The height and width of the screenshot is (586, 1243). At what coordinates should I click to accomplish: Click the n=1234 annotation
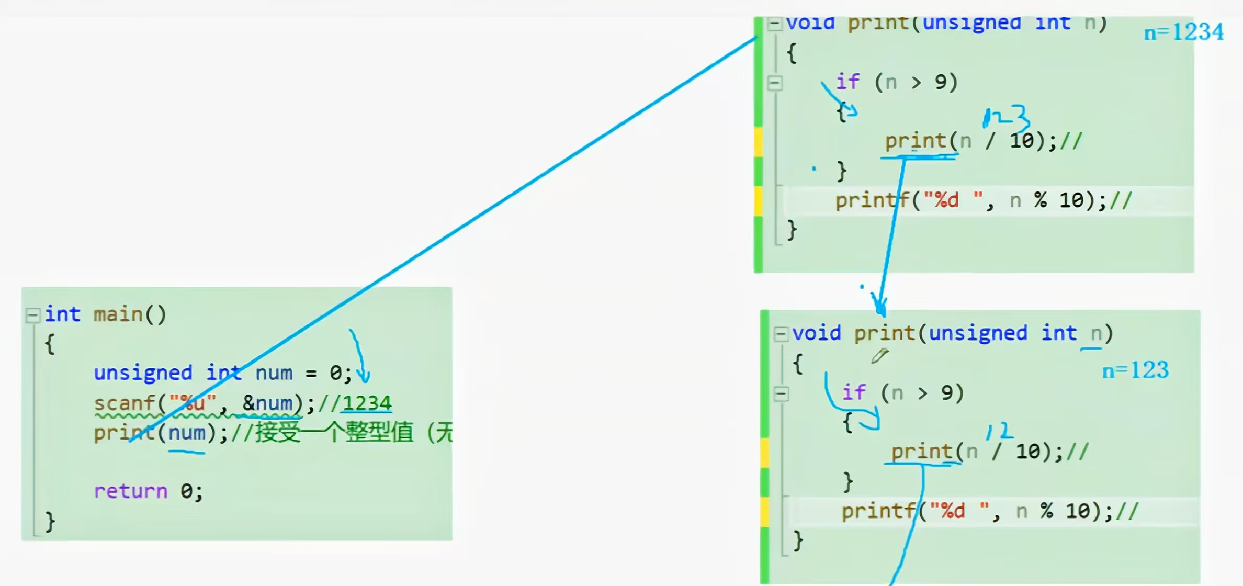coord(1183,32)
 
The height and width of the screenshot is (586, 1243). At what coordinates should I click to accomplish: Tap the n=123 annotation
coord(1135,370)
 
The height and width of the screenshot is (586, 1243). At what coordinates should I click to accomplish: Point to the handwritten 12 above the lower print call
coord(999,431)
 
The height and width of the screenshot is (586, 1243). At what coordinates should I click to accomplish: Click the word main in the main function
coord(118,314)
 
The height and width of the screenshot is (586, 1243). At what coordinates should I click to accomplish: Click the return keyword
coord(131,491)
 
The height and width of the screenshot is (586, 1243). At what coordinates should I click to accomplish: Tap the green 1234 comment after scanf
coord(367,403)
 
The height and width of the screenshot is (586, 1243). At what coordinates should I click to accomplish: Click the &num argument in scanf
coord(267,403)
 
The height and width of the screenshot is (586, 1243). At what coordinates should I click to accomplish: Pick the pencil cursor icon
coord(879,356)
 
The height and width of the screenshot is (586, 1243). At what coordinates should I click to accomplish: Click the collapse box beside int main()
coord(32,314)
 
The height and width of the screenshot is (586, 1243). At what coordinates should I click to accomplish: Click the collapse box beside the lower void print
coord(781,333)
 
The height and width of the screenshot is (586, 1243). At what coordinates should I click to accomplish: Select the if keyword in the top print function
coord(847,82)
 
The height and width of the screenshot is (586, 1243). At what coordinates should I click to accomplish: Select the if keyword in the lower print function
coord(854,392)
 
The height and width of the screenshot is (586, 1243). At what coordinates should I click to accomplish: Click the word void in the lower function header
coord(816,333)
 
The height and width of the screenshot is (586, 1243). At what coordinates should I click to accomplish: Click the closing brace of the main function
coord(50,522)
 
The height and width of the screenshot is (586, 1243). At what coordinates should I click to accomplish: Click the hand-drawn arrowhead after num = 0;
coord(363,374)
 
